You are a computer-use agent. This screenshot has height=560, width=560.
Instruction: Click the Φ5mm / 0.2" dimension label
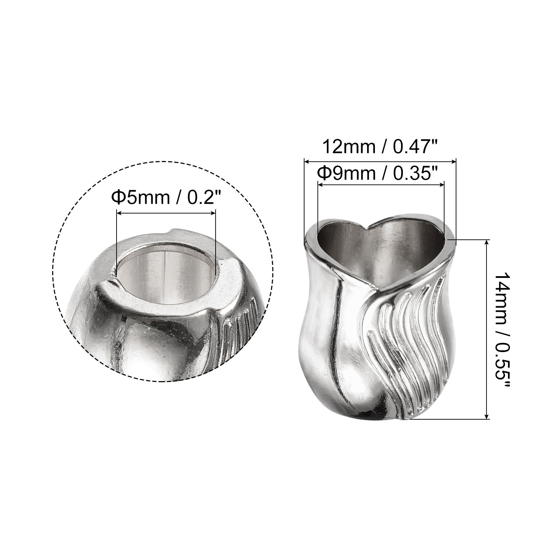167,198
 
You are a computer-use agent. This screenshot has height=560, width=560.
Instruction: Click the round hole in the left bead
164,269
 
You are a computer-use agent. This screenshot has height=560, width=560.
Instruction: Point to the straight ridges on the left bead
241,322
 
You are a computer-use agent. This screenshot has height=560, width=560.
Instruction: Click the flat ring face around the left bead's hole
224,283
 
